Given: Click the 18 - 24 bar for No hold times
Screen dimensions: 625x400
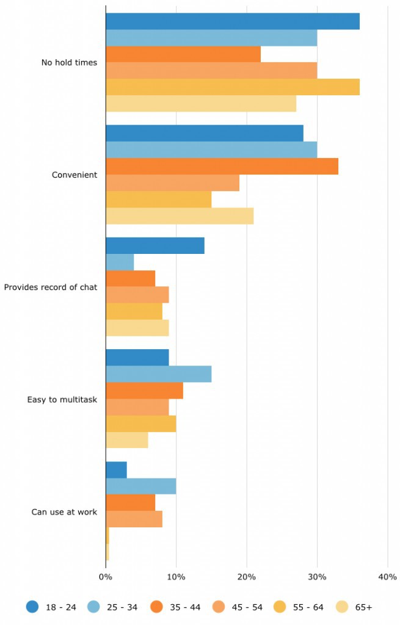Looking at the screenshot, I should [x=232, y=21].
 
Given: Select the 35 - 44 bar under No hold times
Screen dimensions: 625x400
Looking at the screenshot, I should [x=183, y=54].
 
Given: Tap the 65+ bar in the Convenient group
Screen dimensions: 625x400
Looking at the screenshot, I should [x=180, y=216].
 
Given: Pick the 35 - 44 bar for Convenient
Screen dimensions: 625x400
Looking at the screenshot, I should [x=222, y=167].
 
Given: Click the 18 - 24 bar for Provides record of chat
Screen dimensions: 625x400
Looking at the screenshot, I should [x=155, y=246].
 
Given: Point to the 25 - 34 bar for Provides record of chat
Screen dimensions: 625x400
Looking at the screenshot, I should [x=120, y=262].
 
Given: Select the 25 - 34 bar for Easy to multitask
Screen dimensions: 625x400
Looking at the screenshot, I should [x=159, y=374].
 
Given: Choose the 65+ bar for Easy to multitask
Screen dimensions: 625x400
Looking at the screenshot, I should [x=127, y=440].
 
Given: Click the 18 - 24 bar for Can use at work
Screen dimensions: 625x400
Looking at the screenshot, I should [x=116, y=470].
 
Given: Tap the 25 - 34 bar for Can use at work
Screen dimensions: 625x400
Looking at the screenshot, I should [x=141, y=486].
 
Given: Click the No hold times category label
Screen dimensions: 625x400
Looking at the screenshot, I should [x=69, y=62].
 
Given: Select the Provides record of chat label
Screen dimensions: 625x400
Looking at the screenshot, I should [x=51, y=287].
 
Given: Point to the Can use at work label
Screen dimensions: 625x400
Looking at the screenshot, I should [x=64, y=512].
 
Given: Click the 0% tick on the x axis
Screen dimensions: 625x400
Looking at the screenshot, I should [x=106, y=577].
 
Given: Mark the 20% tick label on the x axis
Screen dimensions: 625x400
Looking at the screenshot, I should [x=247, y=577].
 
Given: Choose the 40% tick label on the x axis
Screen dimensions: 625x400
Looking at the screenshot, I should [x=388, y=577].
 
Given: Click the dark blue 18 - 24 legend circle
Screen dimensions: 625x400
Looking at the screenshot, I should [x=33, y=607].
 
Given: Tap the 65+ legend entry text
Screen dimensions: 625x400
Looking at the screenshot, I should [x=363, y=607].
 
